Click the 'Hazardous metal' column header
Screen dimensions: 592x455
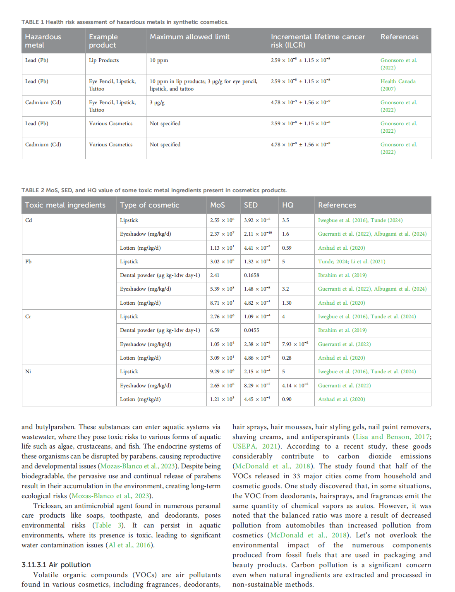point(43,41)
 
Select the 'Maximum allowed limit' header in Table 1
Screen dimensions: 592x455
point(189,37)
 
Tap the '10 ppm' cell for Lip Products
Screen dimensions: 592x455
point(159,60)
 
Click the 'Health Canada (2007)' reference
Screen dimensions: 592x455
point(398,85)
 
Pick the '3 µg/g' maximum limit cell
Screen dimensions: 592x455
point(157,103)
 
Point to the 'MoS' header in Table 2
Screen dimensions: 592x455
point(218,205)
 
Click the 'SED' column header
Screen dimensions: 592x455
point(251,205)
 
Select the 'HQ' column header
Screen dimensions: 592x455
point(288,205)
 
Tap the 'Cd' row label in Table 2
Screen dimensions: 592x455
point(29,220)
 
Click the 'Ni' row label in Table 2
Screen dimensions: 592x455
point(28,372)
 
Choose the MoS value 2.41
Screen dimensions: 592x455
point(215,275)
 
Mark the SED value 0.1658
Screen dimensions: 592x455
point(251,275)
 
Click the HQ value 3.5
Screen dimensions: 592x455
point(285,220)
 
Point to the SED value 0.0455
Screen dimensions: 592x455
point(251,330)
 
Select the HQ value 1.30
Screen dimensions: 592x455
point(287,303)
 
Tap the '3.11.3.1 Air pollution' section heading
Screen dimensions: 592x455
point(56,565)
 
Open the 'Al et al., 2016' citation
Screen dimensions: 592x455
point(129,545)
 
